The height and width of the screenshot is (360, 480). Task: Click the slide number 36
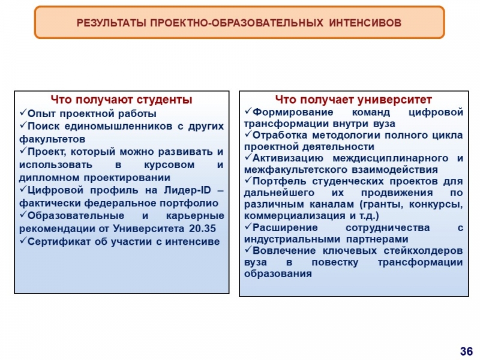[x=466, y=351]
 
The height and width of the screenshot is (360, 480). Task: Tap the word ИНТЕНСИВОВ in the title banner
[x=365, y=23]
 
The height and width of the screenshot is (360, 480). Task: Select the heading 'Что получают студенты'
[x=122, y=100]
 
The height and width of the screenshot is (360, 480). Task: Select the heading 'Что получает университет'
[x=353, y=100]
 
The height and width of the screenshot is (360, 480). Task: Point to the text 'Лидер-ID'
[x=187, y=190]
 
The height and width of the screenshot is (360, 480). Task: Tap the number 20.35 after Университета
[x=202, y=229]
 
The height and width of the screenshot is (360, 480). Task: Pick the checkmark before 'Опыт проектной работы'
[x=23, y=113]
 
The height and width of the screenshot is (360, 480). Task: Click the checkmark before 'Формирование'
[x=248, y=110]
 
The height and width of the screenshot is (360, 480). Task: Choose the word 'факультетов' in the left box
[x=52, y=139]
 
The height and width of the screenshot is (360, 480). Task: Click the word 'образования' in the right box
[x=278, y=274]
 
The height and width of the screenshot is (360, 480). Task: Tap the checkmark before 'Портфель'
[x=248, y=179]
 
